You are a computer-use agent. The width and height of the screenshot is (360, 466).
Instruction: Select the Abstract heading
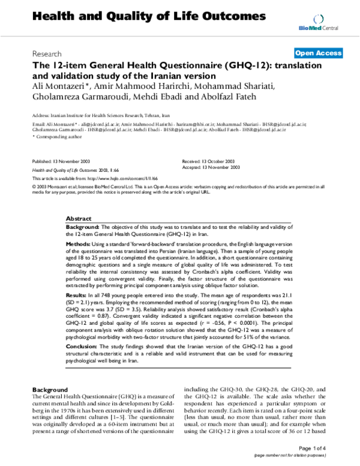[79, 220]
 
